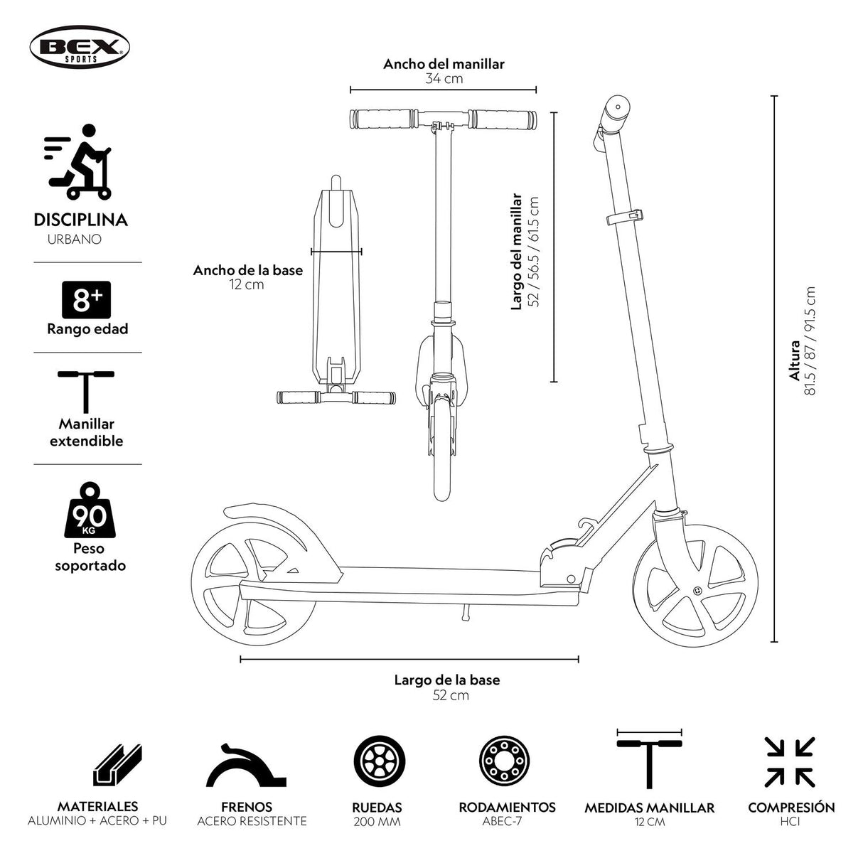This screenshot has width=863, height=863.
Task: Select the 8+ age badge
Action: tap(87, 300)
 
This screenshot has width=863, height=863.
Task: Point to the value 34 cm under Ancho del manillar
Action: tap(444, 79)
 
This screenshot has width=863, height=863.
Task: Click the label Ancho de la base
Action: tap(247, 270)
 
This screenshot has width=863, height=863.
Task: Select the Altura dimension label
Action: tap(795, 362)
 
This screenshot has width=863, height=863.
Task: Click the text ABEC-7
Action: tap(507, 822)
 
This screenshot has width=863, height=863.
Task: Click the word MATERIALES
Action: tap(97, 807)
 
